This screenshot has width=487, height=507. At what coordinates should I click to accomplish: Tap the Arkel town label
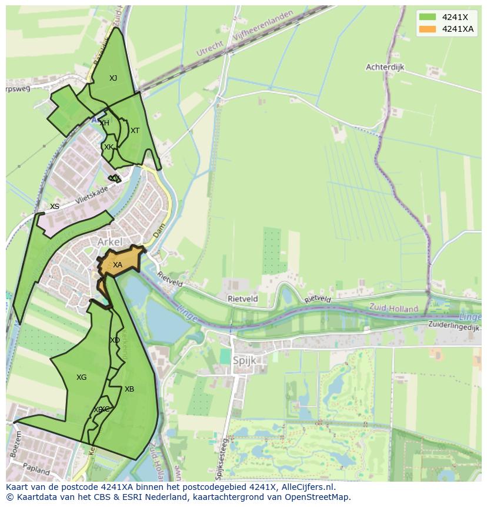coord(110,242)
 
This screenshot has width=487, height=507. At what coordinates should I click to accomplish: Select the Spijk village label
coord(245,360)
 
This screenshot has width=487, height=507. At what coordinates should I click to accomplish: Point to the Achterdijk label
coord(385,67)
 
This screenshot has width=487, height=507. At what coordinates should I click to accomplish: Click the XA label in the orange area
coord(118,265)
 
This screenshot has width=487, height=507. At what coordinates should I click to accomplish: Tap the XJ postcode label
coord(113,78)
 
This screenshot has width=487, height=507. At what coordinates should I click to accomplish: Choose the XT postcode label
coord(135,131)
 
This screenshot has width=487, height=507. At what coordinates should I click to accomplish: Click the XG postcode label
coord(81,377)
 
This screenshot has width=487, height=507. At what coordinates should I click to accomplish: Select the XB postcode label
coord(129,389)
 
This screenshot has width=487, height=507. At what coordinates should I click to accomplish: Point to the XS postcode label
coord(55,207)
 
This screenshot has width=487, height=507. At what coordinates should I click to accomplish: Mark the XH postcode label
coord(104,123)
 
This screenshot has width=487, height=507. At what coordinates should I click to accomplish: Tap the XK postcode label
coord(108,147)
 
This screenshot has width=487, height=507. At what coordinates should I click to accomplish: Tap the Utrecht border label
coord(210,48)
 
